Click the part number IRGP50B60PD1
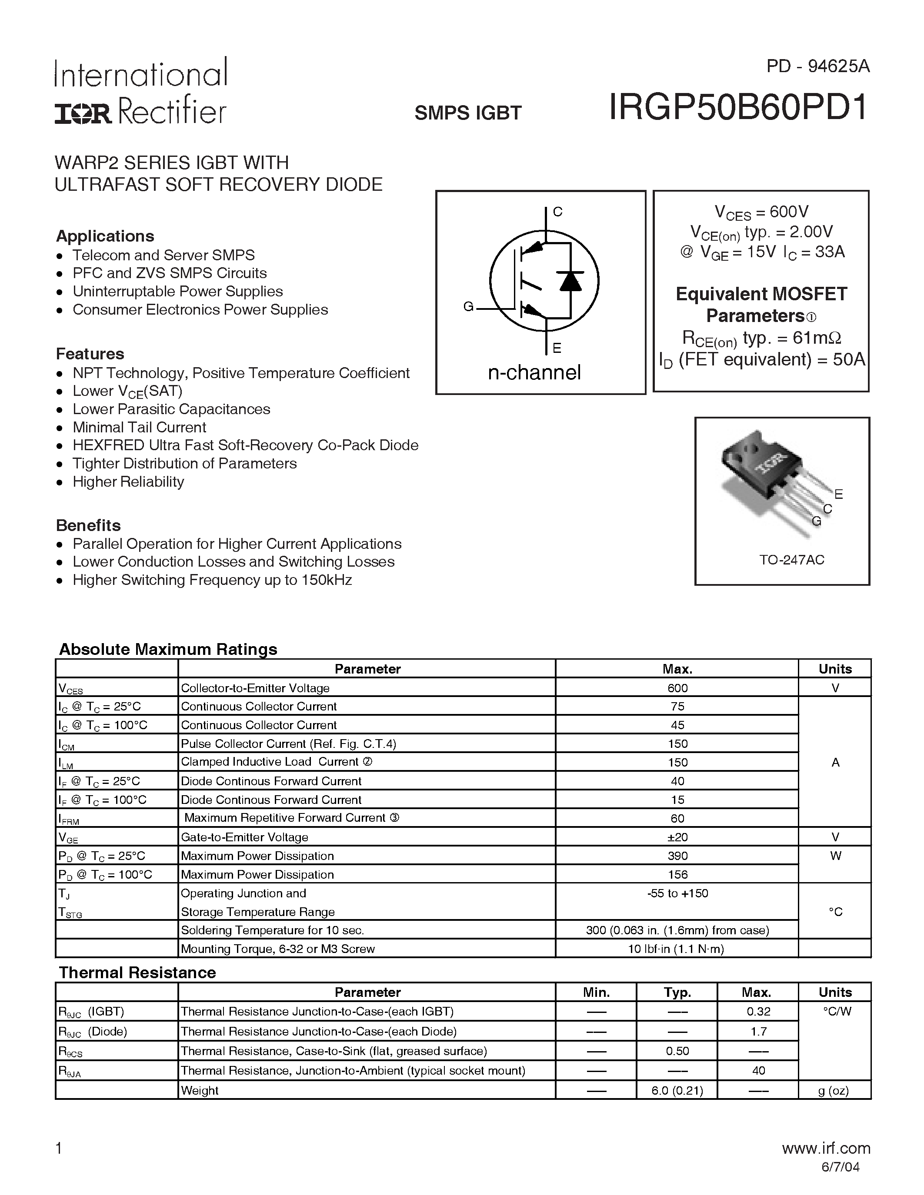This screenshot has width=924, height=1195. tap(738, 107)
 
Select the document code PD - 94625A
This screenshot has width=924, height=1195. tap(817, 66)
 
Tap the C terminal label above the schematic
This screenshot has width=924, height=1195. tap(557, 212)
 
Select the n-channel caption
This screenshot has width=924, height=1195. tap(534, 372)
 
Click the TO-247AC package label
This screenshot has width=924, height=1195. tap(791, 560)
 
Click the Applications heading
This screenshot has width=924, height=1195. tap(105, 236)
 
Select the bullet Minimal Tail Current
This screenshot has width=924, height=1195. tap(139, 427)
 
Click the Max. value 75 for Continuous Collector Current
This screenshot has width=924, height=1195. tap(677, 707)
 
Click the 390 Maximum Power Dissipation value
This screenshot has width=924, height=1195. tap(677, 856)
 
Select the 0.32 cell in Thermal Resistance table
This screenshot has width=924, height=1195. tap(758, 1012)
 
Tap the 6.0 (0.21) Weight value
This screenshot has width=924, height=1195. tap(677, 1091)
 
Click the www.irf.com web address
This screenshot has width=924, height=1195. tap(825, 1148)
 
